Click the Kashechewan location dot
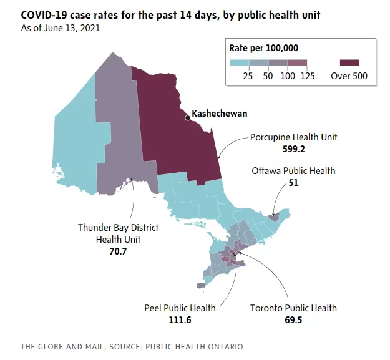pos(188,118)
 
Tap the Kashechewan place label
pos(220,114)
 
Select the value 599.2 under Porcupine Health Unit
pos(294,149)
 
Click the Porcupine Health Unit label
pos(293,137)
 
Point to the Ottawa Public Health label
pos(293,171)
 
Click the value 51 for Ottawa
pos(293,183)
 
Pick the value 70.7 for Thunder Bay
pos(118,251)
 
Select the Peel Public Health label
pos(180,308)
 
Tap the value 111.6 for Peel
pos(180,319)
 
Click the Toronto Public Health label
pos(293,308)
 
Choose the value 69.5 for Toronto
pos(293,319)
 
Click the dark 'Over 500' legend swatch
pos(349,62)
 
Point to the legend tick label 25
pos(248,76)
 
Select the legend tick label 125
pos(308,76)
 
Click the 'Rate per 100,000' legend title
pos(264,48)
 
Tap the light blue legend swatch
pos(239,62)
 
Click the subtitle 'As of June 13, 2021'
pos(61,28)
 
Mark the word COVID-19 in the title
pos(44,15)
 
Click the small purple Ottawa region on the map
pos(274,218)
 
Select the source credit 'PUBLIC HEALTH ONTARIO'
pos(194,346)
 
